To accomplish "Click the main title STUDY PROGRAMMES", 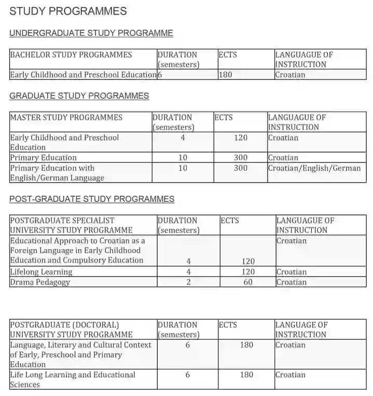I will (68, 11).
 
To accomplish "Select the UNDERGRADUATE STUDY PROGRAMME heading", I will (91, 33).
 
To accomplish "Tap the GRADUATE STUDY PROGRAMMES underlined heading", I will (79, 96).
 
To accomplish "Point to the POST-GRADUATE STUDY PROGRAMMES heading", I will (92, 199).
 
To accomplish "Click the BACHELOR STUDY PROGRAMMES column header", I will (71, 55).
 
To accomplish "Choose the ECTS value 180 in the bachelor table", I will (226, 75).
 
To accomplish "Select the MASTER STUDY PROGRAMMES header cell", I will (66, 117).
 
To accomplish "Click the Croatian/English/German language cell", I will (314, 168).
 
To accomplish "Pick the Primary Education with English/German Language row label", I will (57, 173).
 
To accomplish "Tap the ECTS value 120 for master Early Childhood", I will (241, 138).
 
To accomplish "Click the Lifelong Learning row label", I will (41, 272).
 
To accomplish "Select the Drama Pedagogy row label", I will (40, 282).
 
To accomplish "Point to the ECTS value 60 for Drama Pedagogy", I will (248, 282).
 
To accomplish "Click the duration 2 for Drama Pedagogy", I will (188, 282).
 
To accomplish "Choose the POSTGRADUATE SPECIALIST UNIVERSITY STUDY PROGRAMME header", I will (71, 225).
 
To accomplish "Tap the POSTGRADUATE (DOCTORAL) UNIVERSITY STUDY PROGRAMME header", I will (71, 330).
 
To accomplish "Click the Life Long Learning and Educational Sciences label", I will (73, 379).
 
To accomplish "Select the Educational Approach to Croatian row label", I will (78, 251).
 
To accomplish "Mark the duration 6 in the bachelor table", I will (160, 75).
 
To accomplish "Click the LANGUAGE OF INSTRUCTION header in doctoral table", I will (301, 330).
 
